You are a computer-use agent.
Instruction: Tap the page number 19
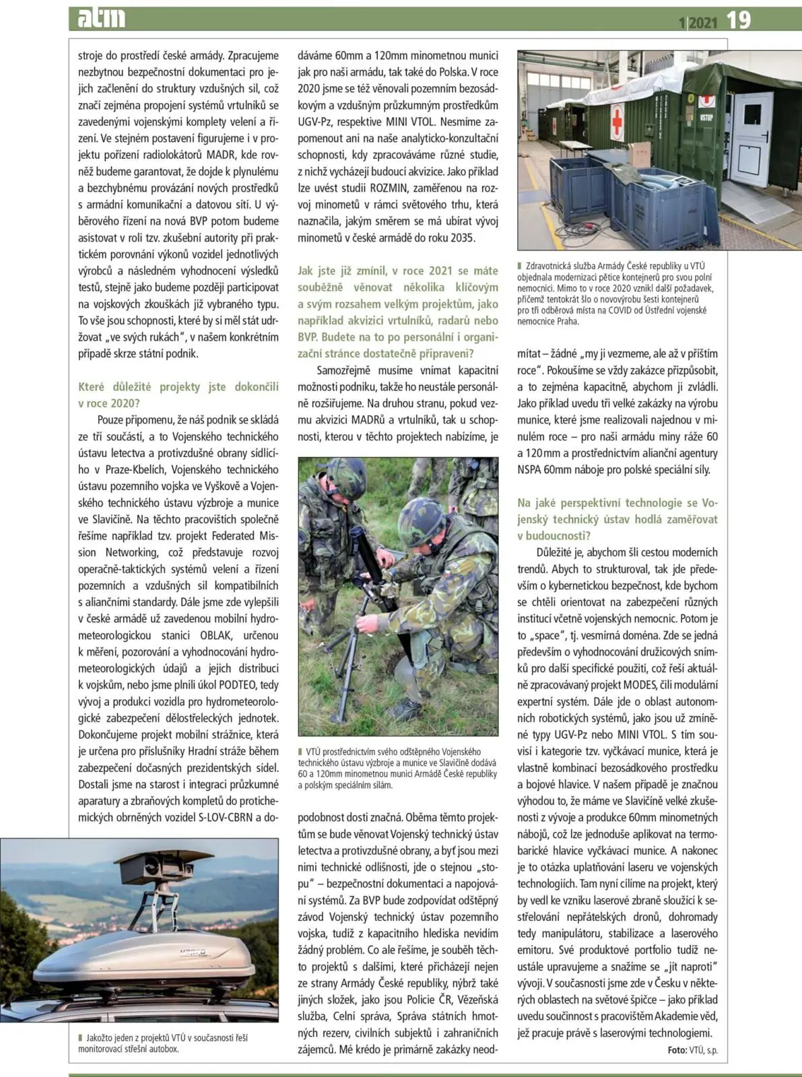[738, 20]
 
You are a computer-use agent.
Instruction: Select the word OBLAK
[215, 635]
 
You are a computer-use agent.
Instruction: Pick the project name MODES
[639, 685]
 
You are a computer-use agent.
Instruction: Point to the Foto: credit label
[677, 1050]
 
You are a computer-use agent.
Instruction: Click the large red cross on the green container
[617, 120]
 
